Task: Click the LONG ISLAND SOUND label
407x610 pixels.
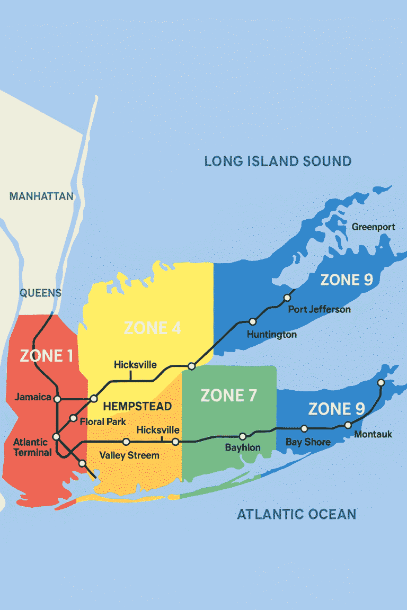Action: [x=278, y=161]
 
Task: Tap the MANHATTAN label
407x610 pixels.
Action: [x=41, y=196]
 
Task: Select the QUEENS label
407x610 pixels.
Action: [x=40, y=293]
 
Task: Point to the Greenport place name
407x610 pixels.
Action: [x=374, y=227]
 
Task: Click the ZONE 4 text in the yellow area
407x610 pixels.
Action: [x=152, y=328]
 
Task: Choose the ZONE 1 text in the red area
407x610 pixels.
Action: [x=47, y=356]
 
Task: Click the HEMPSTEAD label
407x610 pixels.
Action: [x=137, y=407]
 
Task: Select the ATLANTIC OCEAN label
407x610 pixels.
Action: [x=296, y=514]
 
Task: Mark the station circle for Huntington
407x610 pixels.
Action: [x=253, y=321]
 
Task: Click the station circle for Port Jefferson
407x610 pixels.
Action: [x=287, y=298]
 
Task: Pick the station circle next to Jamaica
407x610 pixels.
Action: [x=57, y=399]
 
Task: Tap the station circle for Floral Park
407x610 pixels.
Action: [x=73, y=418]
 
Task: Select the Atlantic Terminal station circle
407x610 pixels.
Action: [x=56, y=437]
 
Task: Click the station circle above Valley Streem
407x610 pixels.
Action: [x=126, y=442]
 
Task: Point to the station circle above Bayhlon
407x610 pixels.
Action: [x=243, y=437]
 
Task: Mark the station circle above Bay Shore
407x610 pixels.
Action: [x=304, y=428]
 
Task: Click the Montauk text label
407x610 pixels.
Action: [x=373, y=434]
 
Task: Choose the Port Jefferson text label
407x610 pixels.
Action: [x=319, y=309]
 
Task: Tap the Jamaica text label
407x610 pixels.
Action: [x=33, y=397]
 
